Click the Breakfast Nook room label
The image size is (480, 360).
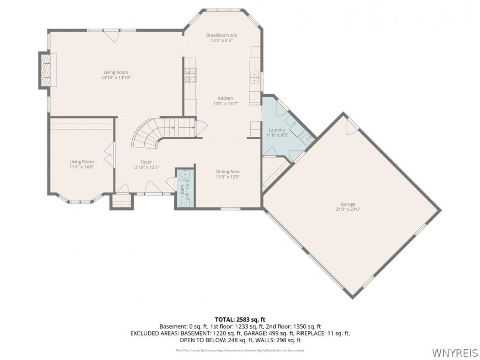221,35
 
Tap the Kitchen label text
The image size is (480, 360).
225,98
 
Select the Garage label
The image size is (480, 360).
348,204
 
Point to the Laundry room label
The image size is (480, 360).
277,130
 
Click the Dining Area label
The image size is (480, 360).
228,172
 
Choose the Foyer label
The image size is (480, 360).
146,162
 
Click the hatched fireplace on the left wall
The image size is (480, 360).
46,70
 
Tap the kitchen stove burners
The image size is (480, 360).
190,75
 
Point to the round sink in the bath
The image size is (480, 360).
186,175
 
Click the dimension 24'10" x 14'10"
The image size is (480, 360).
116,77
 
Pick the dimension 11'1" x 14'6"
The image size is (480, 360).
81,167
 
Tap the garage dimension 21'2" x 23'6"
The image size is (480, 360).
348,209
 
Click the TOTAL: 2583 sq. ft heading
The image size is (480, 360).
240,319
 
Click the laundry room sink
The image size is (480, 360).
307,139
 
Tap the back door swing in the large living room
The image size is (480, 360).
111,36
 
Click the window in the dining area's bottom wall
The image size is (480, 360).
230,209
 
